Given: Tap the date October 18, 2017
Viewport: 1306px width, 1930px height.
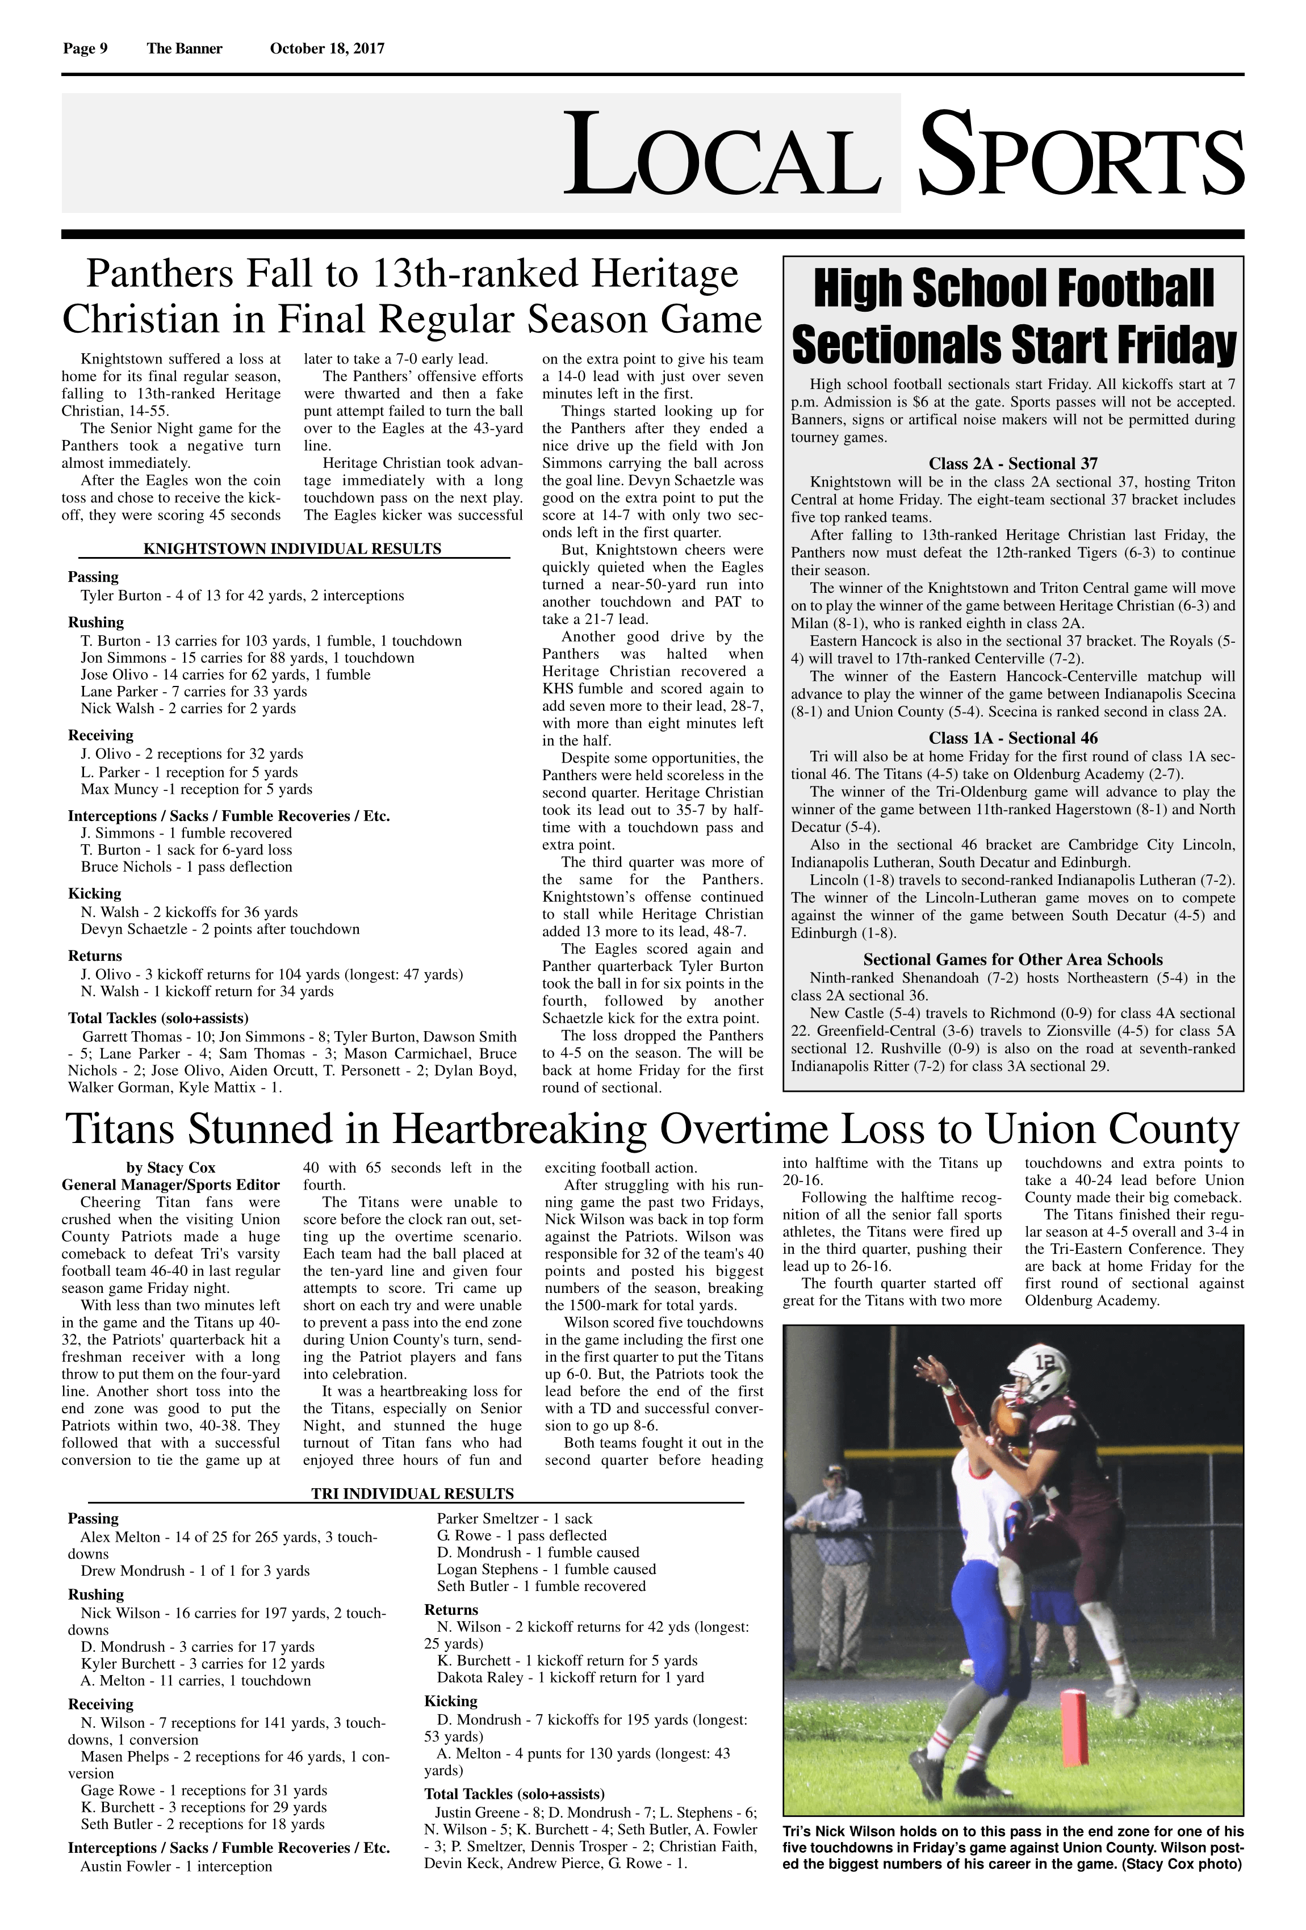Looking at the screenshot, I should coord(327,48).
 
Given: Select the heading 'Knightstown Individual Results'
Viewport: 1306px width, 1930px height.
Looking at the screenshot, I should coord(292,549).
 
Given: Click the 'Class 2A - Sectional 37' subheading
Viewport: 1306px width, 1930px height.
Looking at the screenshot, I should coord(1013,463).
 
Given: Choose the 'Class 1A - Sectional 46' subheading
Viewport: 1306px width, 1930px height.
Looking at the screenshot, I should coord(1013,738).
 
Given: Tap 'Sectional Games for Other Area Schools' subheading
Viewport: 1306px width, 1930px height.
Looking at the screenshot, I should coord(1013,959).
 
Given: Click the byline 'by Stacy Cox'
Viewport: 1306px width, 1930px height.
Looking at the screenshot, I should coord(170,1167).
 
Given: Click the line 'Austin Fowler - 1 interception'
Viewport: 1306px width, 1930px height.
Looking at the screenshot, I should coord(176,1866).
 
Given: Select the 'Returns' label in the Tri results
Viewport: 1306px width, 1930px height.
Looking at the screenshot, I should coord(451,1609).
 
